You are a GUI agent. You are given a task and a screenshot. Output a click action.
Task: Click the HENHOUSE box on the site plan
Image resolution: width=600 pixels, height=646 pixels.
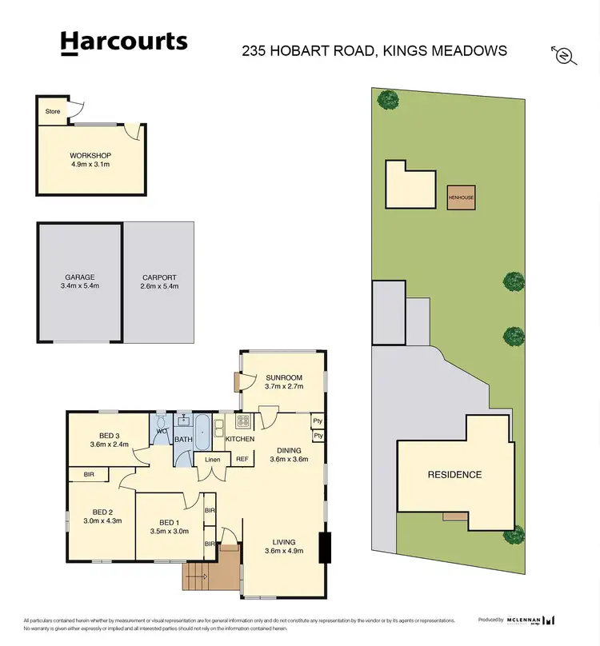point(461,197)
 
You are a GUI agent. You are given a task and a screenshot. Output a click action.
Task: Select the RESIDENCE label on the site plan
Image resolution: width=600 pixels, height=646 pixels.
point(454,474)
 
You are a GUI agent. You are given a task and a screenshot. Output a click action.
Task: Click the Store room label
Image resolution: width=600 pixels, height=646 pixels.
point(52,111)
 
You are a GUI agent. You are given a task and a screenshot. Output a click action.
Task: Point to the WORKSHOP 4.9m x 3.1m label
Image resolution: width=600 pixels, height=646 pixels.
point(90,159)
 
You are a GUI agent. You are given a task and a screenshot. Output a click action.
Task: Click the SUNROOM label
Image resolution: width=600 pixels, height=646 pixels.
point(285,381)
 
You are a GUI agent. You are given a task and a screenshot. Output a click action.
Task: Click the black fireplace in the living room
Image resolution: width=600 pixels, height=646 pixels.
point(323,548)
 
